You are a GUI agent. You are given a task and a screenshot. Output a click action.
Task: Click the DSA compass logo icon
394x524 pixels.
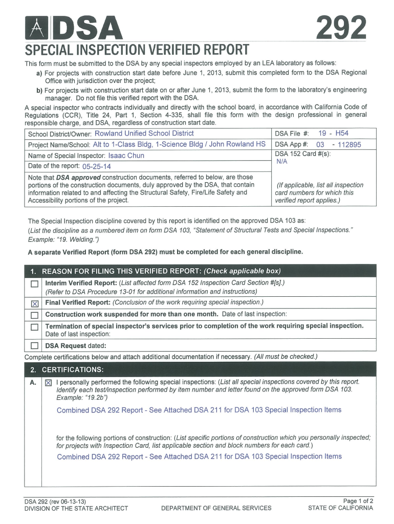coord(38,29)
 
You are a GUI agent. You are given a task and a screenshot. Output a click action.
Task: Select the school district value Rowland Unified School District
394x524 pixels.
coord(141,134)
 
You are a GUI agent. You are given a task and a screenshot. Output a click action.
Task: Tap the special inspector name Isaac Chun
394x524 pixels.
coord(126,156)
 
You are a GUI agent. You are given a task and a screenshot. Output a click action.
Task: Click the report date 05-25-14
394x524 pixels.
coord(96,167)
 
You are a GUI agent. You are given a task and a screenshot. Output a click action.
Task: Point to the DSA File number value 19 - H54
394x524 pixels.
coord(333,134)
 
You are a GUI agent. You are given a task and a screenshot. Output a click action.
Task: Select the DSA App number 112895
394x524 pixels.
coord(346,145)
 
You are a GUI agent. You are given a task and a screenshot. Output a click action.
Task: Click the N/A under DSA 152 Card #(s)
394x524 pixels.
coord(282,161)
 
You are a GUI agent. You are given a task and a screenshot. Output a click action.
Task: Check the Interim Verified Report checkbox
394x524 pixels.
coord(34,284)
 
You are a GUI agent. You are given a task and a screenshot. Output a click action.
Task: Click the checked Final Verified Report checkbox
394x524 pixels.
coord(34,303)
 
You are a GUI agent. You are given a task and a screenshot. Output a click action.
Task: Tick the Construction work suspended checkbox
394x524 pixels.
coord(34,315)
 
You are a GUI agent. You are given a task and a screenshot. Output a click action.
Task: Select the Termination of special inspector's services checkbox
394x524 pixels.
coord(34,327)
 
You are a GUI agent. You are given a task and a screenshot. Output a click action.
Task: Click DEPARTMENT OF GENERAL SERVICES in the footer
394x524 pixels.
coord(216,508)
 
